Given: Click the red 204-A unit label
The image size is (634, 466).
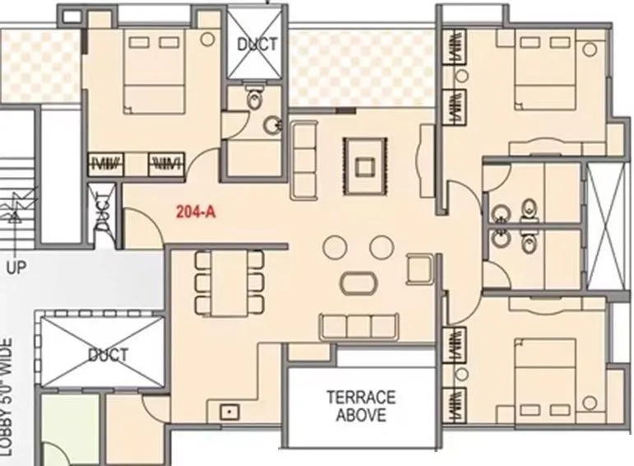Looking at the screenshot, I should [x=196, y=210].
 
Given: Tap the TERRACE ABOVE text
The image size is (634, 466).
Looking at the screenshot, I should [x=360, y=405].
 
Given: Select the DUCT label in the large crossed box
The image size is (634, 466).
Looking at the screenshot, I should [x=106, y=355].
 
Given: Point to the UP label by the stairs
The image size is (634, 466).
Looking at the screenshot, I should [x=16, y=268].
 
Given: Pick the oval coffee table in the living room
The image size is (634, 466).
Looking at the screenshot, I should [x=360, y=282].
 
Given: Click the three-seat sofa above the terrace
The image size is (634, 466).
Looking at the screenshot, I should [x=359, y=324].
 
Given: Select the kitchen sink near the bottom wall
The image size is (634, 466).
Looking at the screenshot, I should [x=227, y=409].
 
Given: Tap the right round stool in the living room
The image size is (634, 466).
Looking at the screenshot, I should [x=381, y=246].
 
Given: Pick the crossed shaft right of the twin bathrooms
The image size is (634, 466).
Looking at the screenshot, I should [x=606, y=226].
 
